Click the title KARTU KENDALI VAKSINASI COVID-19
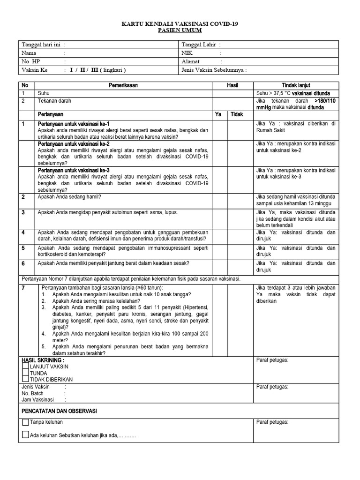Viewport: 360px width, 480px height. [180, 23]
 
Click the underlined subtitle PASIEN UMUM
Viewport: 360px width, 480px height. [180, 30]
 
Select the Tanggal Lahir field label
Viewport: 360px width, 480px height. [199, 45]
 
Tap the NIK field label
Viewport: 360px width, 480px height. [187, 53]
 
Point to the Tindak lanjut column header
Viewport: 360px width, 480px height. [296, 86]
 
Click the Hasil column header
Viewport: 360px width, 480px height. [232, 86]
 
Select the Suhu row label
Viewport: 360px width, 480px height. [44, 93]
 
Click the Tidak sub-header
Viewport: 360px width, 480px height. [237, 114]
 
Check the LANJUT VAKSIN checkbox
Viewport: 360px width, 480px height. [25, 366]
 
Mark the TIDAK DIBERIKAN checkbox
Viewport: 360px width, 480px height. [25, 379]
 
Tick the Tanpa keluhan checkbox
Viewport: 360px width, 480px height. [25, 422]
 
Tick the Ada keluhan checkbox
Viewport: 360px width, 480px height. [25, 435]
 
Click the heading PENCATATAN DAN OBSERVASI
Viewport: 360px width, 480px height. [59, 411]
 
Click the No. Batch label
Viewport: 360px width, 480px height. [33, 393]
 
